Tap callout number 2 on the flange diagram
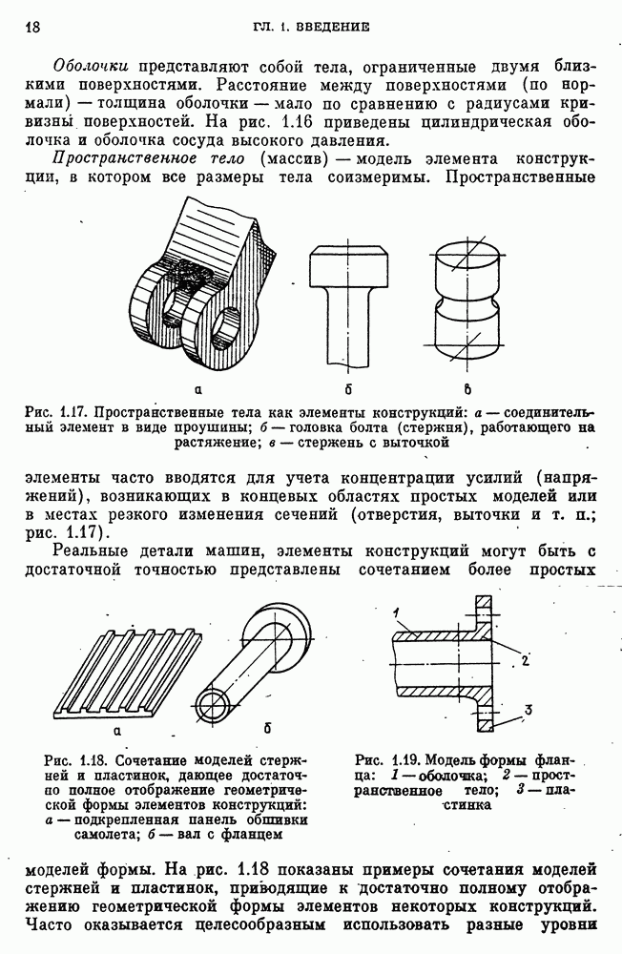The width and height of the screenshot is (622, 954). pyautogui.click(x=526, y=659)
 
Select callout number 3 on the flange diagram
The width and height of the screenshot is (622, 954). pyautogui.click(x=528, y=708)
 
